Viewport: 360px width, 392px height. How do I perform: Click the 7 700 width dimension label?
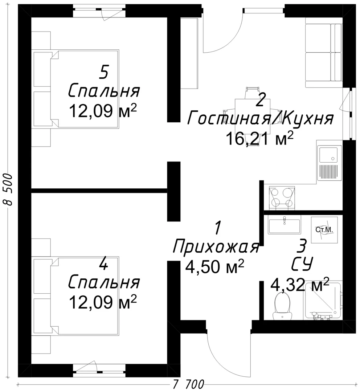point(188,384)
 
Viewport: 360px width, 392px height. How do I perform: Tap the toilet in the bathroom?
point(282,307)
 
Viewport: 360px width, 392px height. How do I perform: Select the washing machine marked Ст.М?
point(324,230)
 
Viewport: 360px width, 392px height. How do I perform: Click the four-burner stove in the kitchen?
point(282,197)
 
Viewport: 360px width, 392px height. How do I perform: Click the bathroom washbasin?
point(284,226)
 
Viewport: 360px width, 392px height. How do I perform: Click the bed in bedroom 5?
point(76,89)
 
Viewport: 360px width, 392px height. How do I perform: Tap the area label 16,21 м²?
point(259,139)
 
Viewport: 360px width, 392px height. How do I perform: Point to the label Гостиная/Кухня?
point(261,118)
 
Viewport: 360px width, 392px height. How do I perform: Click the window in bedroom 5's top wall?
point(100,11)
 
